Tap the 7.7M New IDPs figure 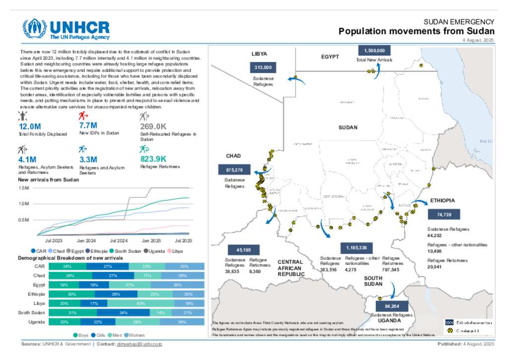click(x=88, y=125)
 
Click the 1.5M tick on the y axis click(x=24, y=188)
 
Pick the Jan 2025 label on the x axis click(x=152, y=240)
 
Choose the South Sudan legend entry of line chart click(x=127, y=251)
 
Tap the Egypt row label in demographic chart click(x=39, y=284)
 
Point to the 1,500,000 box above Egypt click(x=375, y=51)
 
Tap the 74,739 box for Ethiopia click(x=444, y=214)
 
